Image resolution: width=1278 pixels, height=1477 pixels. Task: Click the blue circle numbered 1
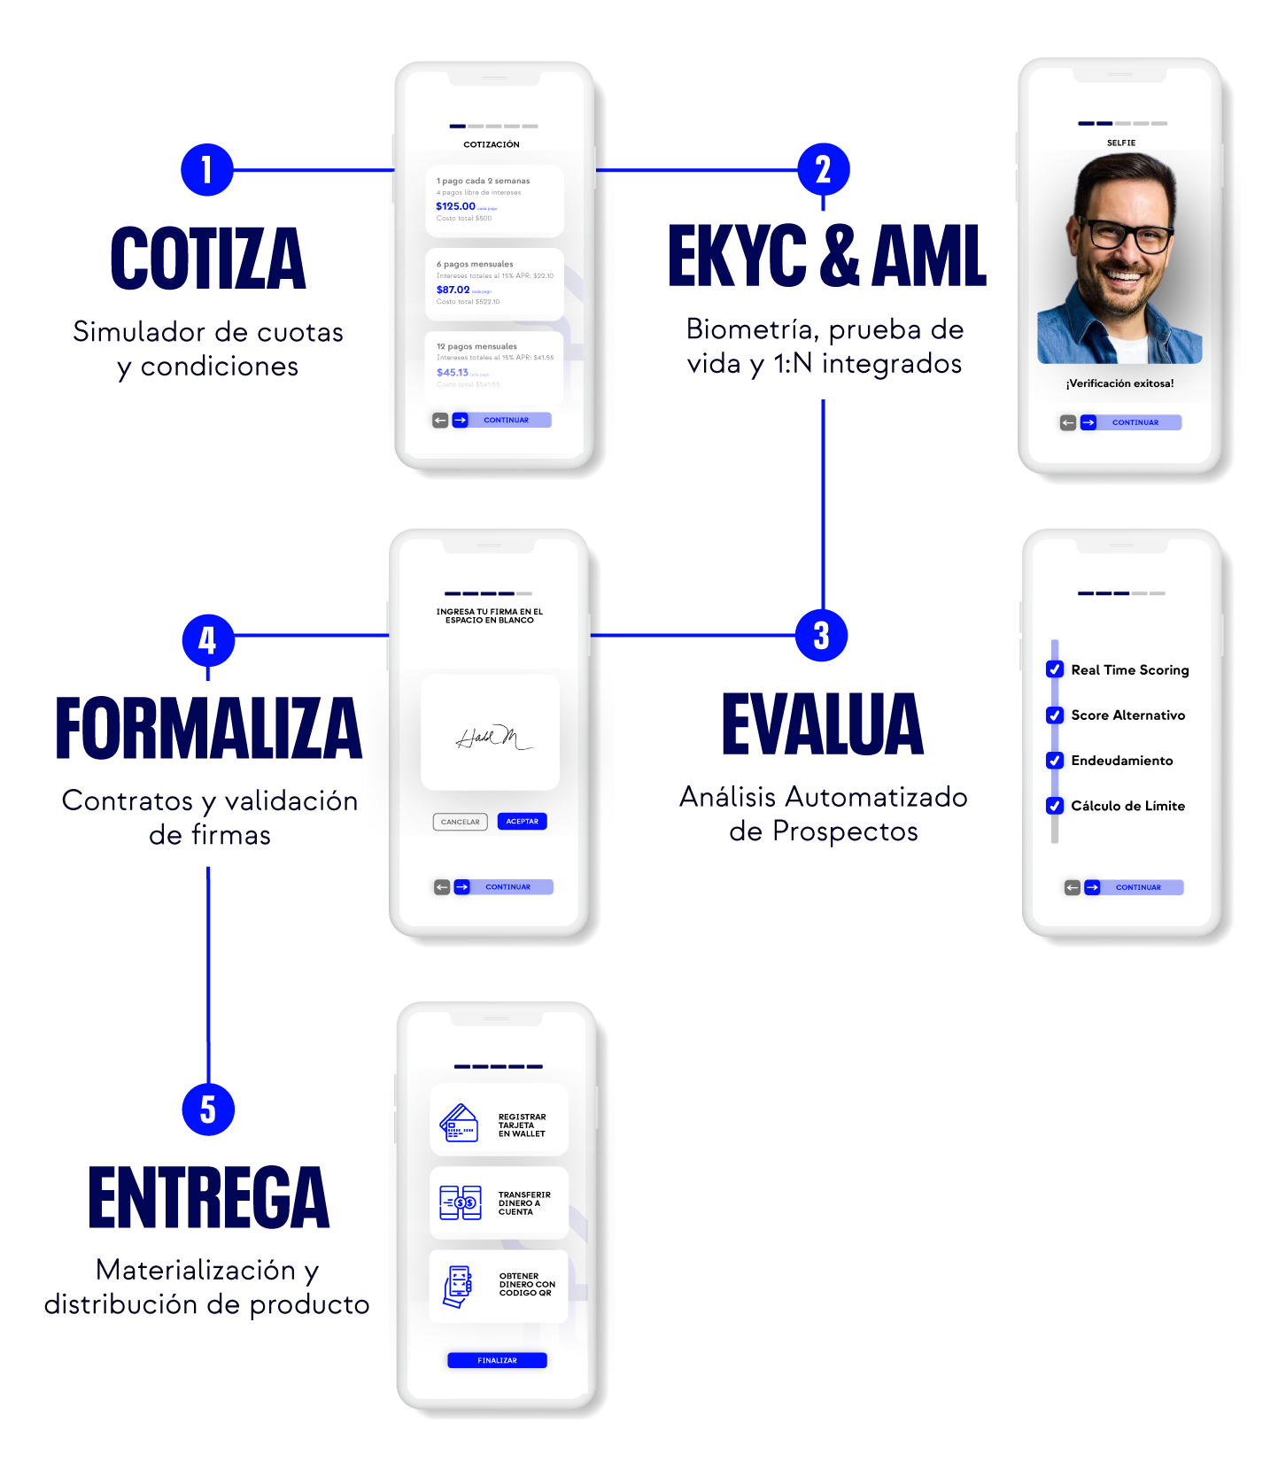coord(206,170)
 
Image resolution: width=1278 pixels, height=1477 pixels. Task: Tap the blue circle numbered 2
coord(823,170)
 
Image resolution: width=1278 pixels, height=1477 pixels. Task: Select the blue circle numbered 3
coord(821,635)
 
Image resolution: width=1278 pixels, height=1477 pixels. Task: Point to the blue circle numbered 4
coord(207,640)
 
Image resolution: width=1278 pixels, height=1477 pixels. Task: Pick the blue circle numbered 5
coord(207,1109)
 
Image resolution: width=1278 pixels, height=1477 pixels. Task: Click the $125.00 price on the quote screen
coord(455,206)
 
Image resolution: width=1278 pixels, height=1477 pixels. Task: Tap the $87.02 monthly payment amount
coord(453,290)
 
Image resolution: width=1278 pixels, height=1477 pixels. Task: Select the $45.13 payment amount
coord(452,373)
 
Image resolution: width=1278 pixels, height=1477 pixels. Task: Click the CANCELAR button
coord(460,822)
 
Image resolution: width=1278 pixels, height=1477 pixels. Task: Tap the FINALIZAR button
coord(497,1360)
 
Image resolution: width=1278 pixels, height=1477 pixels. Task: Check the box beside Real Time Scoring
coord(1055,669)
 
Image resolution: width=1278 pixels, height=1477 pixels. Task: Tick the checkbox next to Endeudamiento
coord(1055,760)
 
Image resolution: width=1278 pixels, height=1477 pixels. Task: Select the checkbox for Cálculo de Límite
coord(1055,805)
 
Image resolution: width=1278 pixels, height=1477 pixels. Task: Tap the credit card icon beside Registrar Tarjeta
coord(459,1123)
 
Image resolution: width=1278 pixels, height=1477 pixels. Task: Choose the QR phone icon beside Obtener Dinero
coord(457,1286)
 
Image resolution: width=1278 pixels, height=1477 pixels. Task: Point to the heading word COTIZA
coord(208,259)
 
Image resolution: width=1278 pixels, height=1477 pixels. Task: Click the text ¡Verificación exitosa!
coord(1120,383)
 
